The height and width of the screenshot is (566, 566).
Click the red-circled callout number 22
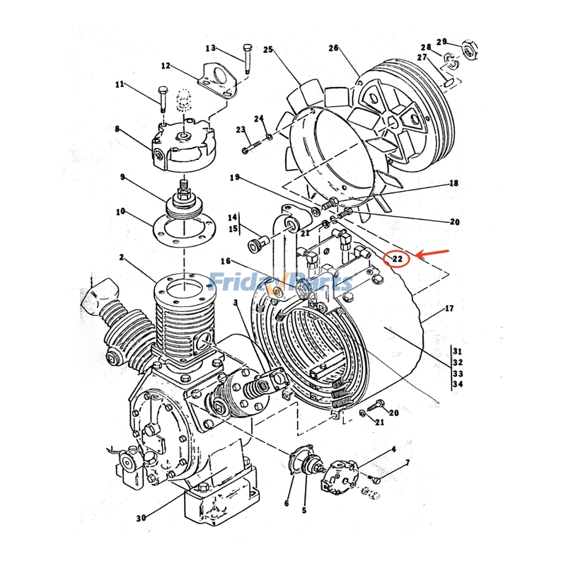[398, 259]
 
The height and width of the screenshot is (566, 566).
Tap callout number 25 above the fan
[268, 50]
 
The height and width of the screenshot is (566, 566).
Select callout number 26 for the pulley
[334, 48]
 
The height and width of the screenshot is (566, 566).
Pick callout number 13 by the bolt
[210, 48]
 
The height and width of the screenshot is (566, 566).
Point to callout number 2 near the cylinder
[122, 258]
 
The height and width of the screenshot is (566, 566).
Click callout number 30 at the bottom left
[141, 518]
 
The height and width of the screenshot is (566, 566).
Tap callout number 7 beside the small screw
[408, 463]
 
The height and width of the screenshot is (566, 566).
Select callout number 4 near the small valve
[394, 449]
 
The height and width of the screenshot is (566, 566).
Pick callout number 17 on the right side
[450, 308]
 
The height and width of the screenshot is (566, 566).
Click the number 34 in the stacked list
[457, 385]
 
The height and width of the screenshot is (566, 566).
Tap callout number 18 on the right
[453, 183]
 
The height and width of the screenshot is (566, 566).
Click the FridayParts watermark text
[282, 282]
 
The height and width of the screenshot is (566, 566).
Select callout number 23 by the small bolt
[241, 129]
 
